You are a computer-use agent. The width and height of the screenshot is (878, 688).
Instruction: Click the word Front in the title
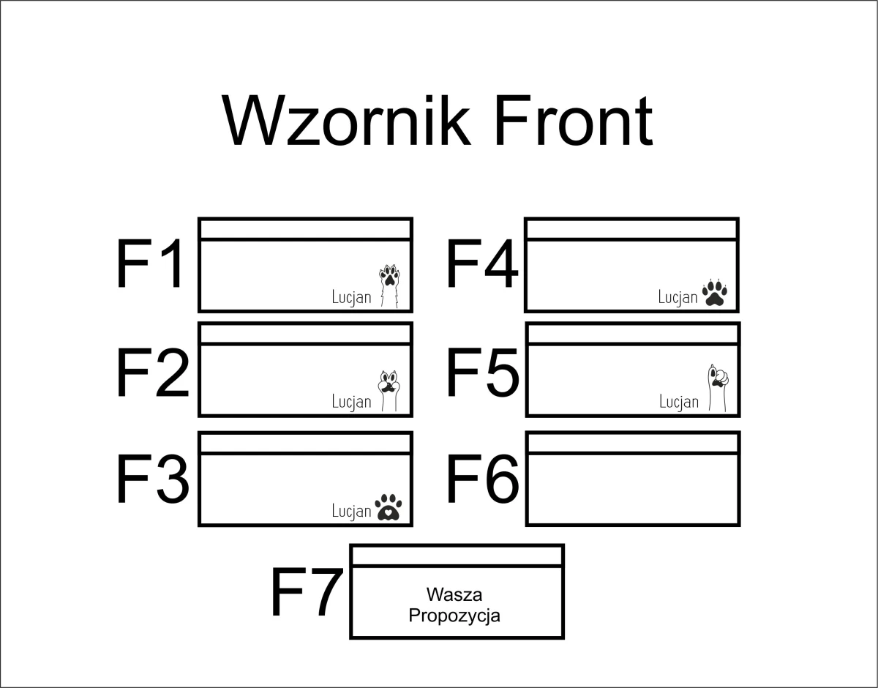[x=573, y=121]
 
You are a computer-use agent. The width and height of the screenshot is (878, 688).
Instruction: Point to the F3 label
[x=152, y=479]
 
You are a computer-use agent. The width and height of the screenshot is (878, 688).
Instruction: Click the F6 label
[x=482, y=479]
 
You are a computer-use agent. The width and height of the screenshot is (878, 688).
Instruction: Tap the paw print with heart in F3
[x=389, y=506]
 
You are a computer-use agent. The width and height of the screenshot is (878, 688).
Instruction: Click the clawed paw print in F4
[x=714, y=292]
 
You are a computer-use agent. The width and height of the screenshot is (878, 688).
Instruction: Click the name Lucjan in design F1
[x=352, y=296]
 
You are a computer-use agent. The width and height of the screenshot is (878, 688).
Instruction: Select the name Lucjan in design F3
[x=352, y=510]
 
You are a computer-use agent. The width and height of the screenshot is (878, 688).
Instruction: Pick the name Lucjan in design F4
[x=678, y=296]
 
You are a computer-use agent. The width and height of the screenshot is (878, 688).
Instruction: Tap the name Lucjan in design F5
[x=679, y=402]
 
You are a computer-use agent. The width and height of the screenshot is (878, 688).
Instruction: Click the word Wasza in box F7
[x=454, y=594]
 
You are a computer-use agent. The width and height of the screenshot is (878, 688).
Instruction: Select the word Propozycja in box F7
[x=454, y=615]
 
